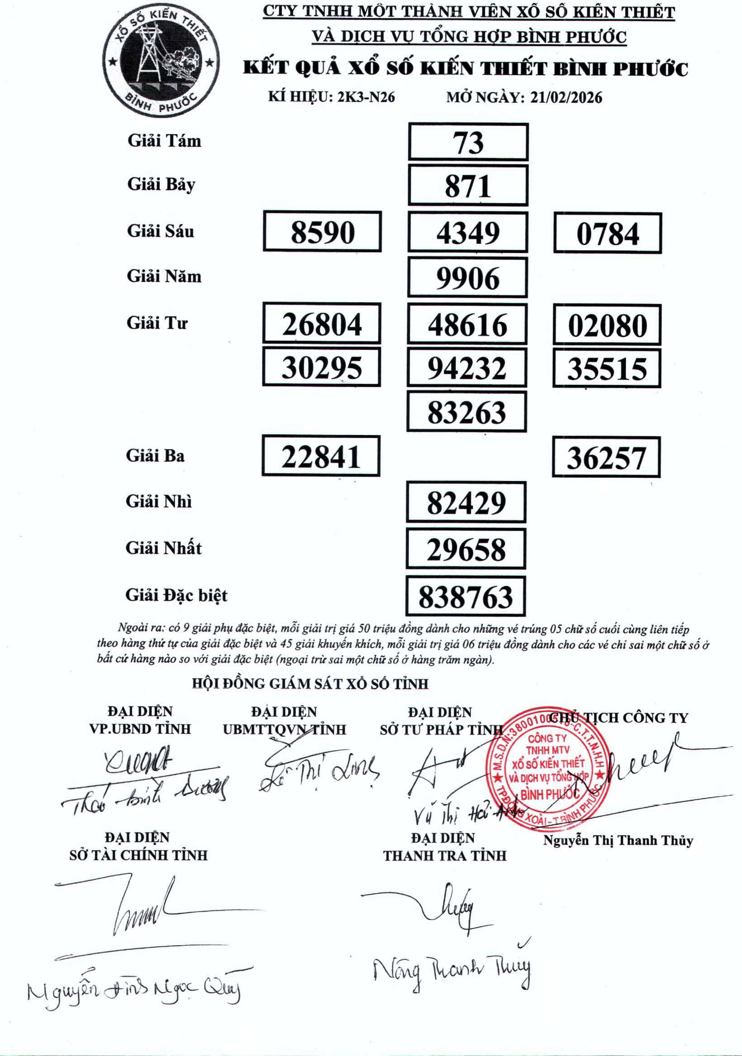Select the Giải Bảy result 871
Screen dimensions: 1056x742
pyautogui.click(x=468, y=186)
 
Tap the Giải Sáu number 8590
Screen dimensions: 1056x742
pyautogui.click(x=322, y=232)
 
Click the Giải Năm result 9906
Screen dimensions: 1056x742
pyautogui.click(x=467, y=278)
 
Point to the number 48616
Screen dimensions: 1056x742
pyautogui.click(x=467, y=324)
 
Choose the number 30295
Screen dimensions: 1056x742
pyautogui.click(x=321, y=368)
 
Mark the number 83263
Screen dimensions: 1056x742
pyautogui.click(x=466, y=411)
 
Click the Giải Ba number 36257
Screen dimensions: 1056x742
pyautogui.click(x=606, y=458)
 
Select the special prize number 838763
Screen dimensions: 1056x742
pyautogui.click(x=466, y=596)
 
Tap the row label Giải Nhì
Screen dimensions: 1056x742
pyautogui.click(x=159, y=502)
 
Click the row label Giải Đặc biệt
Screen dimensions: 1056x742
pyautogui.click(x=176, y=596)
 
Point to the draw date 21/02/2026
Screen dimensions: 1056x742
pyautogui.click(x=566, y=97)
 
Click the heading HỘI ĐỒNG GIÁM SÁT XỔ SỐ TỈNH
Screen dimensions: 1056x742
pyautogui.click(x=310, y=684)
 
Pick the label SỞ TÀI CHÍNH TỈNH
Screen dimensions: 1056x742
pyautogui.click(x=138, y=855)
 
